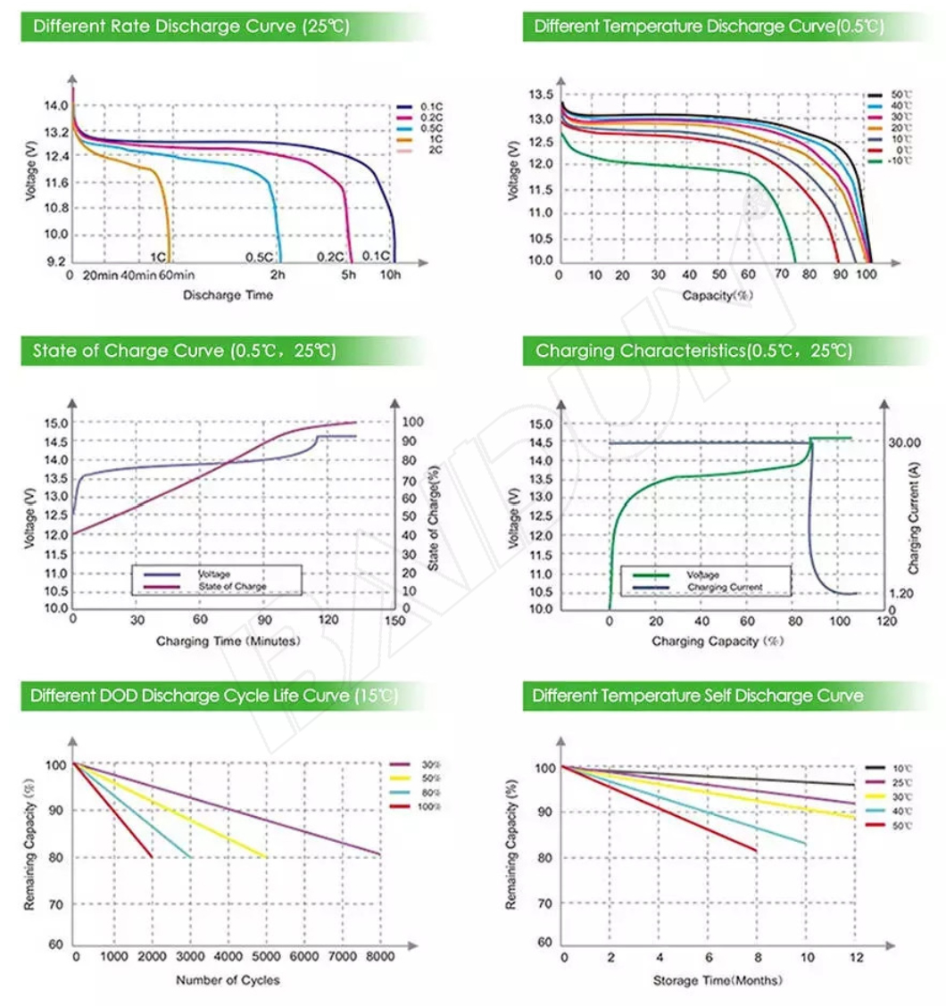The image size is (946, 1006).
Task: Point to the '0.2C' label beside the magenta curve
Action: coord(330,257)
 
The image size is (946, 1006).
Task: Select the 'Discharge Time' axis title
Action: coord(228,295)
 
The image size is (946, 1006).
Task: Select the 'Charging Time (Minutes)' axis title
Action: coord(228,640)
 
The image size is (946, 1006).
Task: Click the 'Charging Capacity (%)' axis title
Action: coord(718,641)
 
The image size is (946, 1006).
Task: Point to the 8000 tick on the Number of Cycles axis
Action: coord(380,957)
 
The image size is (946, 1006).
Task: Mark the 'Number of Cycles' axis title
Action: coord(228,980)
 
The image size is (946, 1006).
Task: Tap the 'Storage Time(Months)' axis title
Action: coord(718,980)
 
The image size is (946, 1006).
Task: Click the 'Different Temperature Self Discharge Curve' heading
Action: coord(699,696)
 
